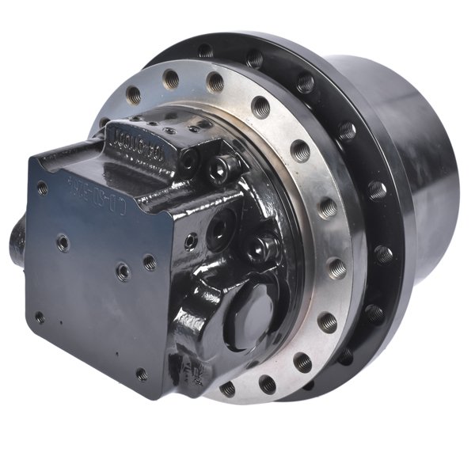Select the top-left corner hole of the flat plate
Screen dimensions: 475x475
click(x=42, y=189)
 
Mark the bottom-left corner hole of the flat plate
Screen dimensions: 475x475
click(x=40, y=317)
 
